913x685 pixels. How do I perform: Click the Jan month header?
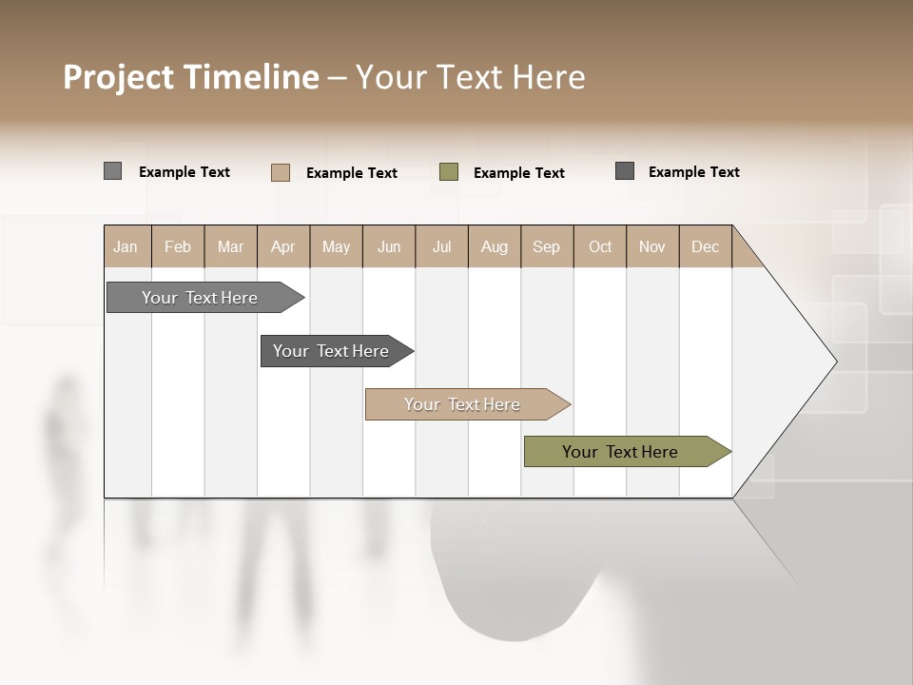click(x=126, y=246)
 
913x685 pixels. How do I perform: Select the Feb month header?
click(x=178, y=246)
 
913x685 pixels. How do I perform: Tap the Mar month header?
click(x=230, y=246)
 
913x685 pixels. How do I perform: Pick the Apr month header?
click(x=283, y=246)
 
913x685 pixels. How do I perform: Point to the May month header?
click(x=336, y=246)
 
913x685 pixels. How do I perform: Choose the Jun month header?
click(x=389, y=246)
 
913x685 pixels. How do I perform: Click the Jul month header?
click(x=441, y=246)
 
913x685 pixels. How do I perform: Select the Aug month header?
click(x=495, y=246)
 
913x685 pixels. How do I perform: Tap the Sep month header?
click(x=547, y=246)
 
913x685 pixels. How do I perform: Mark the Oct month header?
click(x=600, y=246)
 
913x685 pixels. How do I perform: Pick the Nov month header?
click(x=652, y=246)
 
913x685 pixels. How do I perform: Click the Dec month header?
click(x=706, y=246)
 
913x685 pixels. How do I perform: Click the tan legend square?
click(x=281, y=172)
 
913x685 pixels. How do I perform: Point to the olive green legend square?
click(x=449, y=172)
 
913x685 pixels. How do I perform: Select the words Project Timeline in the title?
click(x=191, y=77)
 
